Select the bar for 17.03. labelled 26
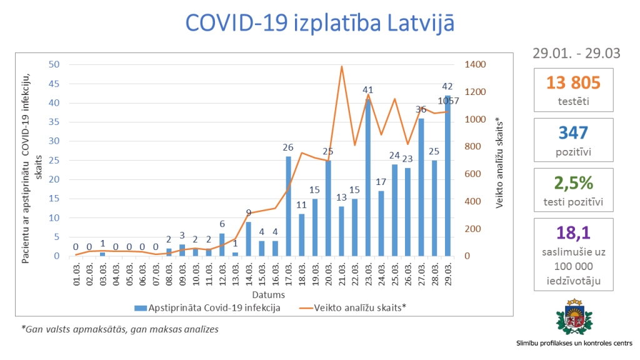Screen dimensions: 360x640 click(288, 206)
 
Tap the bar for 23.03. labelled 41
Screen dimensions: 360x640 click(369, 178)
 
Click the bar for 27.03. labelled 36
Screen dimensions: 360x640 click(421, 187)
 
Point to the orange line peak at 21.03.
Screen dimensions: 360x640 click(342, 66)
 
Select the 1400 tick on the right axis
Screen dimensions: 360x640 click(474, 64)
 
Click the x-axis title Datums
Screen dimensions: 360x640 click(269, 294)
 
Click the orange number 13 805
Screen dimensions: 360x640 click(573, 82)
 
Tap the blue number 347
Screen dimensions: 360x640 click(573, 132)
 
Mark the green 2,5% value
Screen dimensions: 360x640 click(573, 182)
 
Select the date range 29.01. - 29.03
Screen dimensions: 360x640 click(576, 53)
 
